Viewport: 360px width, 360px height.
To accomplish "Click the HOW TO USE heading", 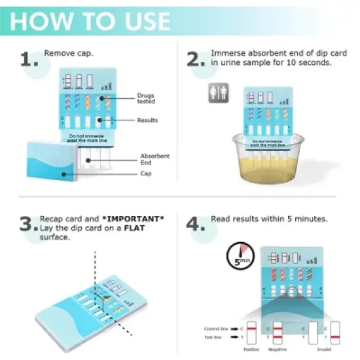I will (x=90, y=20).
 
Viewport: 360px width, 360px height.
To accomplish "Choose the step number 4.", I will (x=196, y=225).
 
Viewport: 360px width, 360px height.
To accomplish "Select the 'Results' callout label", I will (x=147, y=120).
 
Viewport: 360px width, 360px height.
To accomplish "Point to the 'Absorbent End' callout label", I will (x=155, y=159).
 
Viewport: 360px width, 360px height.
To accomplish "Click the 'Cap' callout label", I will (x=146, y=173).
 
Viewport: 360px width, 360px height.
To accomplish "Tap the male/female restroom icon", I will (x=215, y=93).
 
